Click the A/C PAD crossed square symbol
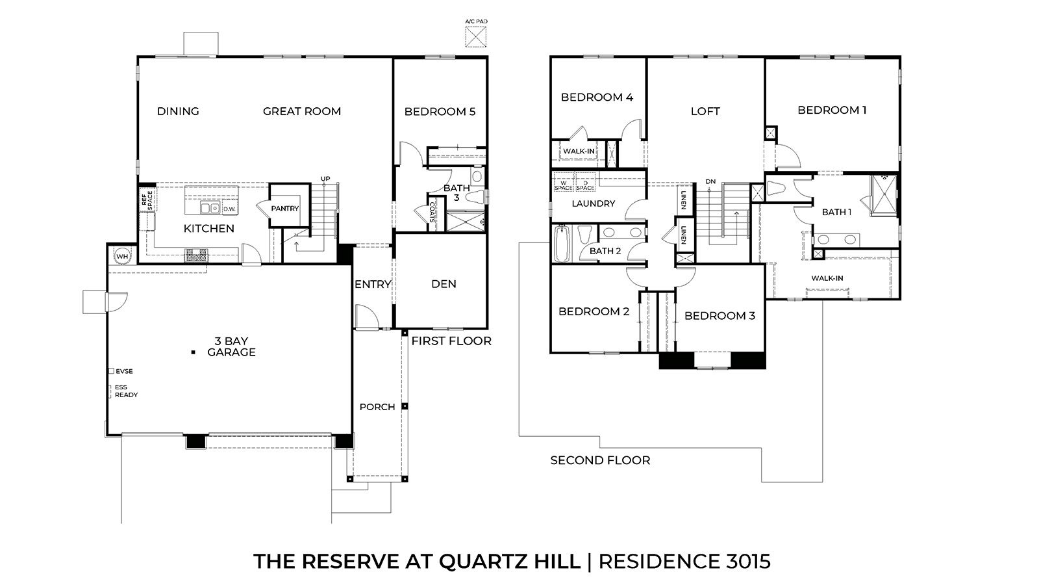coord(477,36)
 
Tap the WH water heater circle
coord(122,256)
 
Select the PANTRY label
coord(285,209)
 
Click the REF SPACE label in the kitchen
coord(147,200)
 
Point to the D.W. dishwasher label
coord(229,209)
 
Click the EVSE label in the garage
coord(124,371)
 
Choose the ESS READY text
coord(126,391)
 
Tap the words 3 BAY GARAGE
coord(231,346)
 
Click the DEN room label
coord(444,284)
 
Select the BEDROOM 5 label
coord(440,112)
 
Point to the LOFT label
coord(705,111)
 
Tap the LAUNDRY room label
coord(593,203)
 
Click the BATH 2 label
coord(605,251)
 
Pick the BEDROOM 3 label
coord(720,316)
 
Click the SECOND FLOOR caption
coord(600,460)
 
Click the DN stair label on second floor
coord(710,181)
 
